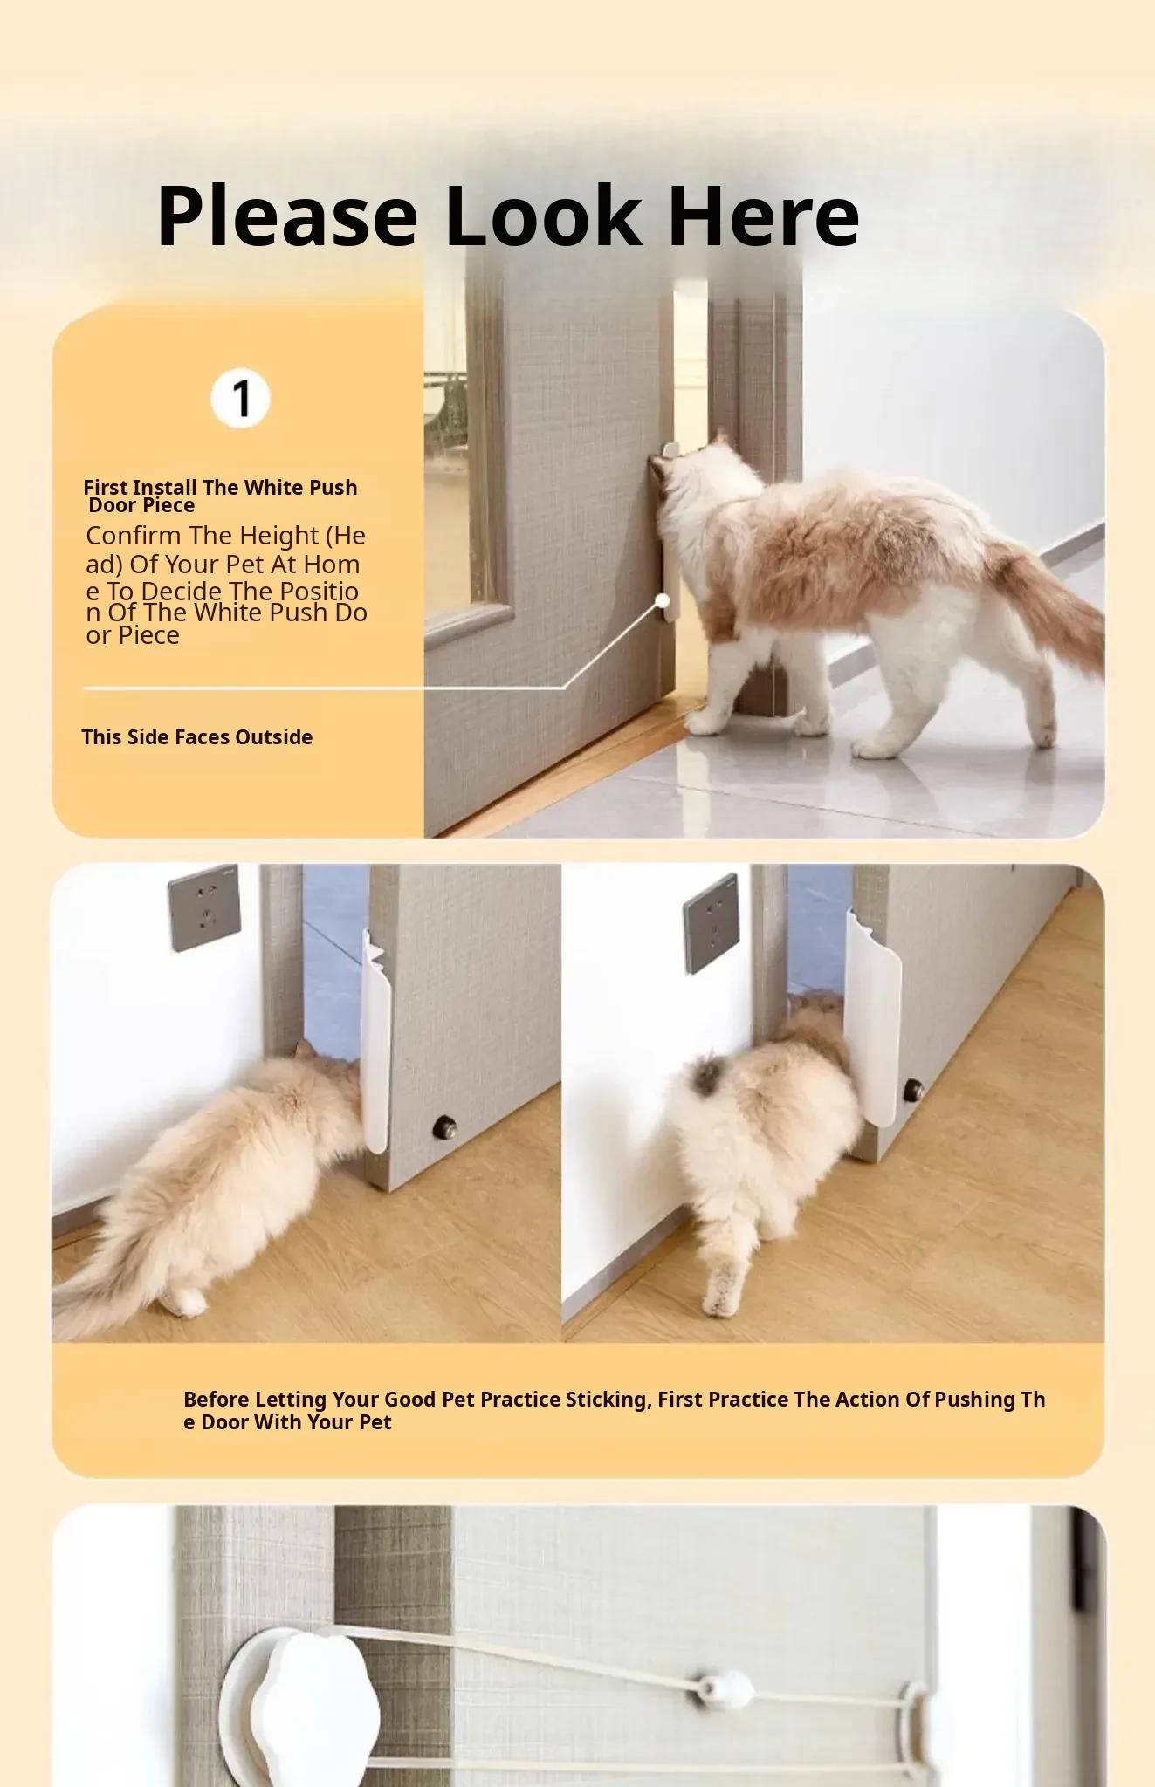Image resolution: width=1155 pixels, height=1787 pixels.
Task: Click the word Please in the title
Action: coord(287,217)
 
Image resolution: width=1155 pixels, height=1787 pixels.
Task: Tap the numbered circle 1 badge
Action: coord(240,399)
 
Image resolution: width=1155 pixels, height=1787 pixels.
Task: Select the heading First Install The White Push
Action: coord(220,487)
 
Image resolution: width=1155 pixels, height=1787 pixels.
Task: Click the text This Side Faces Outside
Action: coord(197,737)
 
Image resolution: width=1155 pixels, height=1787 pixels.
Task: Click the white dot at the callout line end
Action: coord(663,600)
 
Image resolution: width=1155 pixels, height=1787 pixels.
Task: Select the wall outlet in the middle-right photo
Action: coord(712,923)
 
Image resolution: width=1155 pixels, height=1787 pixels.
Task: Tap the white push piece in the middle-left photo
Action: coord(375,1043)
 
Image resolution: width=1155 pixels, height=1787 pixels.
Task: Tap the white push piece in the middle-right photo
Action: coord(873,1017)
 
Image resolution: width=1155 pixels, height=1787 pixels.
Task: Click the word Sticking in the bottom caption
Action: coord(608,1400)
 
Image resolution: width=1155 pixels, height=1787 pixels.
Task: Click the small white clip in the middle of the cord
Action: coord(722,1689)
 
